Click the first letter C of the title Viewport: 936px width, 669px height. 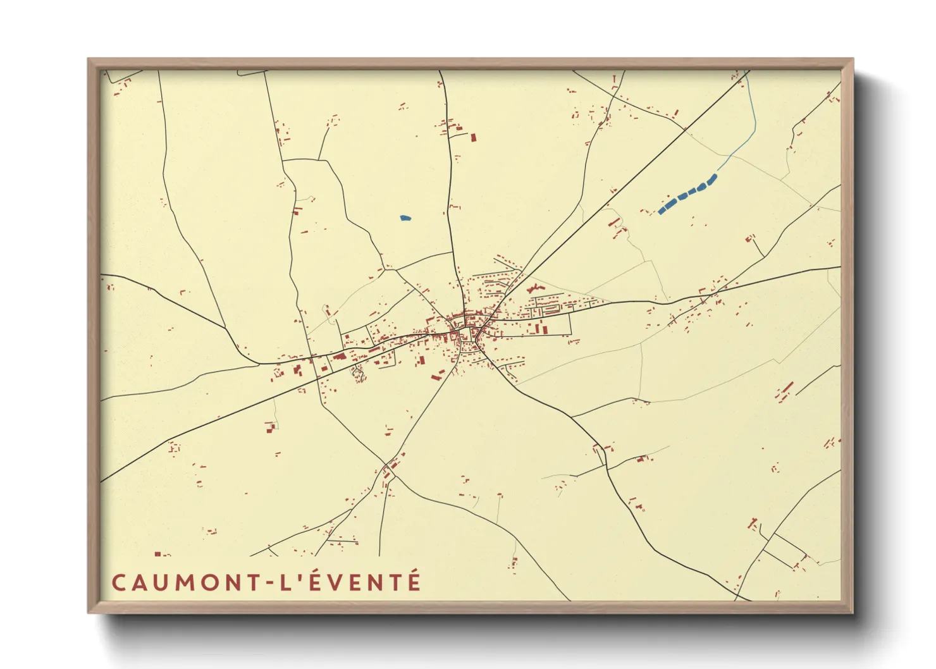point(118,582)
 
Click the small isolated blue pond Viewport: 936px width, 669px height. point(405,218)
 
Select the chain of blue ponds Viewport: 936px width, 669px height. point(688,193)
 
